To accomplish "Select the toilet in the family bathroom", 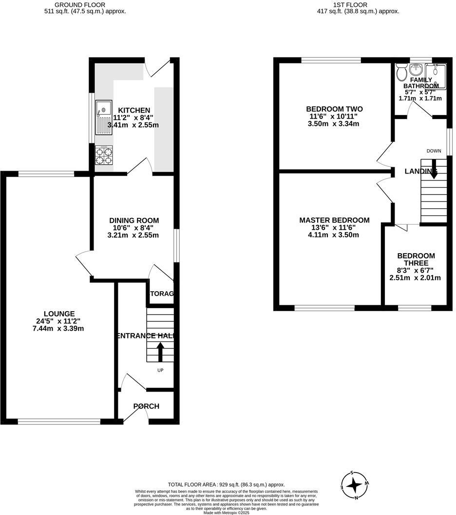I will (402, 73).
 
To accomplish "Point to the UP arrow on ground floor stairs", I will (160, 351).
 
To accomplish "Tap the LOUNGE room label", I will (59, 314).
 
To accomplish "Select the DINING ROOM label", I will (133, 220).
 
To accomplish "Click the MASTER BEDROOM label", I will (334, 220).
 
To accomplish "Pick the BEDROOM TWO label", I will (334, 109).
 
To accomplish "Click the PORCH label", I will (147, 406).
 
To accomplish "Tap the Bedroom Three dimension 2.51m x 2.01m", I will (415, 278).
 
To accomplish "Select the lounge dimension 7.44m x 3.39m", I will (59, 328).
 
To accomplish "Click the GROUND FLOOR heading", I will (79, 4).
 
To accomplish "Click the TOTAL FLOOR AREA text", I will (226, 484).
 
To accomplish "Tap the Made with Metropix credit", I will (226, 513).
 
